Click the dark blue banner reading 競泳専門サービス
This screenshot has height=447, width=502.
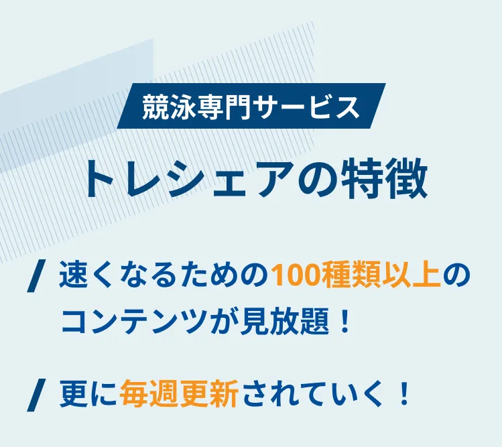251,106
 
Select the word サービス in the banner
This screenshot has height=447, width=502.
306,107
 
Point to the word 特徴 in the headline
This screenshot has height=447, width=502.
384,180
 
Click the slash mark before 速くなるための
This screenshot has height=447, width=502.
36,276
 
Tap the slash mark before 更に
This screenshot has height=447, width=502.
36,395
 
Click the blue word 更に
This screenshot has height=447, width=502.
88,393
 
